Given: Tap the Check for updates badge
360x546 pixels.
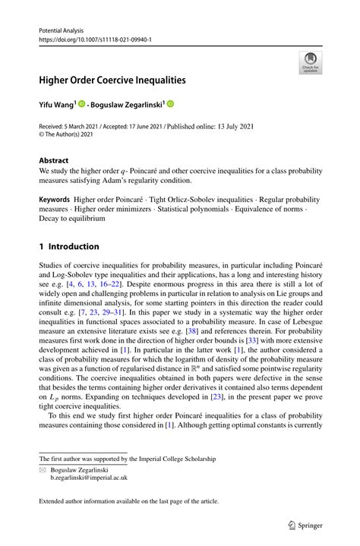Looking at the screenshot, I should [x=309, y=65].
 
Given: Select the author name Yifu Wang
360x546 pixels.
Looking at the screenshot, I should [x=58, y=103].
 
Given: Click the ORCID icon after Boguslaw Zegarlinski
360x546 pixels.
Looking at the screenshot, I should [x=170, y=103].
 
